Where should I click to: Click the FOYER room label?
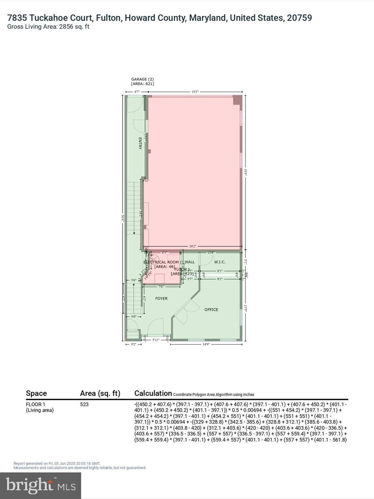[161, 298]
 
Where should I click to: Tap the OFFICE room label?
[211, 310]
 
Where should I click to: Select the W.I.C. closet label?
[220, 262]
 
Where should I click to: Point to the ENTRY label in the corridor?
[140, 143]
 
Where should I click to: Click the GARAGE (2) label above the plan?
[142, 79]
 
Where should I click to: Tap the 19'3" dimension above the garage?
[195, 92]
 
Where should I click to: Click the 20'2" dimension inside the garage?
[193, 246]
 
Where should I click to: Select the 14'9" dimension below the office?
[206, 344]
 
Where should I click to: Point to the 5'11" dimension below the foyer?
[156, 340]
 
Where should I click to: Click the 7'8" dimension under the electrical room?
[161, 287]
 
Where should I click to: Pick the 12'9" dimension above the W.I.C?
[211, 253]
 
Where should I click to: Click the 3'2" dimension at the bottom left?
[133, 344]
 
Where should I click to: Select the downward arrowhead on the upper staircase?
[134, 233]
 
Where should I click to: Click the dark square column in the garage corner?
[238, 100]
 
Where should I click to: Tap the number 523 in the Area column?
[84, 404]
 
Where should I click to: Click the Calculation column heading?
[153, 393]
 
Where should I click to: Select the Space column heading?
[36, 393]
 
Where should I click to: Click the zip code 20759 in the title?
[299, 18]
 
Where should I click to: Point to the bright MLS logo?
[41, 485]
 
